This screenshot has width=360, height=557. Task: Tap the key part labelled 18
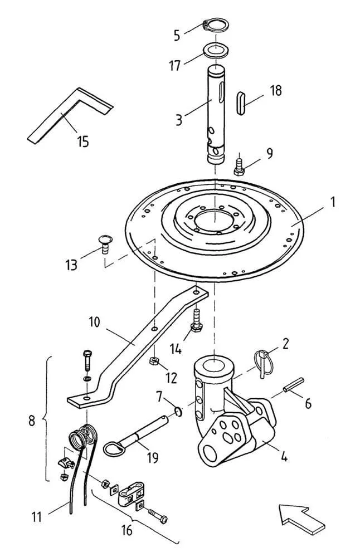coord(241,103)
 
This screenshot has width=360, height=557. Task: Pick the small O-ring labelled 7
coord(178,412)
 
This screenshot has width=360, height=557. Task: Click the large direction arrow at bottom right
coord(302,519)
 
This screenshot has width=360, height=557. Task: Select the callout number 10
coord(95,322)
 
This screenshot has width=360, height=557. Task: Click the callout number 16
coord(127,530)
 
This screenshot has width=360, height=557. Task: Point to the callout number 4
coord(284,456)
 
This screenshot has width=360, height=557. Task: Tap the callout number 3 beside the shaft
coord(179,120)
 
